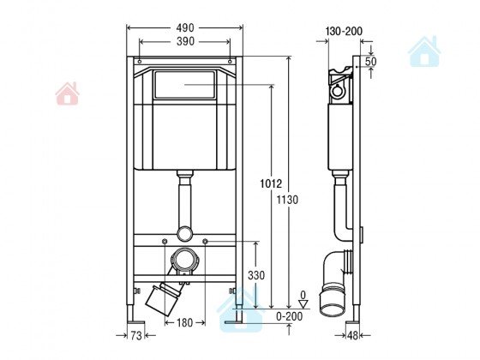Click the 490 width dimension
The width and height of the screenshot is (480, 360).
[185, 27]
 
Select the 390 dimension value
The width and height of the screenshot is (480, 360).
[185, 41]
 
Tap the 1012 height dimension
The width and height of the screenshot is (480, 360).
[271, 183]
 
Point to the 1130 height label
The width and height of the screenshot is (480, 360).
[287, 200]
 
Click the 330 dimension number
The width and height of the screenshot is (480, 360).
[256, 275]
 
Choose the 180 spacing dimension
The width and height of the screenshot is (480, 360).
[185, 322]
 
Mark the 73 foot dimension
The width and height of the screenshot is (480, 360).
[136, 335]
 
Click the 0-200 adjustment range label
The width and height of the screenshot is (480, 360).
[290, 316]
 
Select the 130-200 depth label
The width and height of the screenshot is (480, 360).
[344, 31]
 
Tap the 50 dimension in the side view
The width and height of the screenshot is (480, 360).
[370, 62]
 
